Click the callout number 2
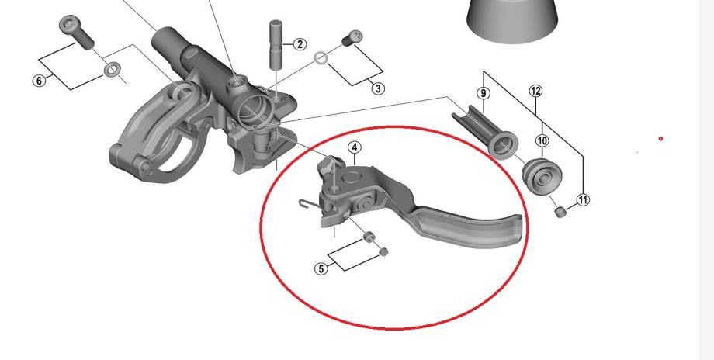point(300,44)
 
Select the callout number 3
point(378,88)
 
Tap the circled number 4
point(355,147)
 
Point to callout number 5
point(321,269)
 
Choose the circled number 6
point(40,81)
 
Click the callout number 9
point(484,93)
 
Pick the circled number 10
point(542,140)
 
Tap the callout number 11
point(583,200)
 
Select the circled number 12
point(536,91)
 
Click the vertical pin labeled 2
point(276,44)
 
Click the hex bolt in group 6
point(77,32)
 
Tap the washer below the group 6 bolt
point(111,70)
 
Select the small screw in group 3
point(352,38)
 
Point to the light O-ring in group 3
point(321,58)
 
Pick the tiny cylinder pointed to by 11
point(560,212)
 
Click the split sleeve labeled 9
point(485,132)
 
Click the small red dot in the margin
point(660,138)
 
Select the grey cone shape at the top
point(513,19)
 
